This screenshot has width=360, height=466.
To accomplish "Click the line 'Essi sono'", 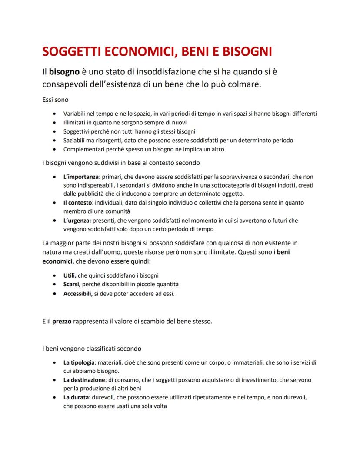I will (x=55, y=100).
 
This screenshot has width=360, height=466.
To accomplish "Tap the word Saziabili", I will (x=76, y=140).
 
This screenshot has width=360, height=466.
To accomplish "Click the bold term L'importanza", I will (x=81, y=177).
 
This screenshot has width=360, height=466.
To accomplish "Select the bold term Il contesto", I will (x=78, y=203).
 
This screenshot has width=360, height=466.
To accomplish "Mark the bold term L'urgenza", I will (x=78, y=221).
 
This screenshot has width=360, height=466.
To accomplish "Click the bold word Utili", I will (x=70, y=275).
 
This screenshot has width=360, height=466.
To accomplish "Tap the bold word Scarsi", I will (x=71, y=284).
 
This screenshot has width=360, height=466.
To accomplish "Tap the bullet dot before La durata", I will (x=53, y=398).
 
